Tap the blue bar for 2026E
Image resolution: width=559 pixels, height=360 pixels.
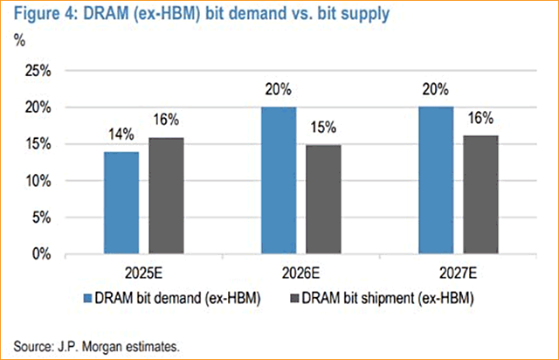(279, 181)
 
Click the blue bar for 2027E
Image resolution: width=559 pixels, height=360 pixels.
(434, 181)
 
